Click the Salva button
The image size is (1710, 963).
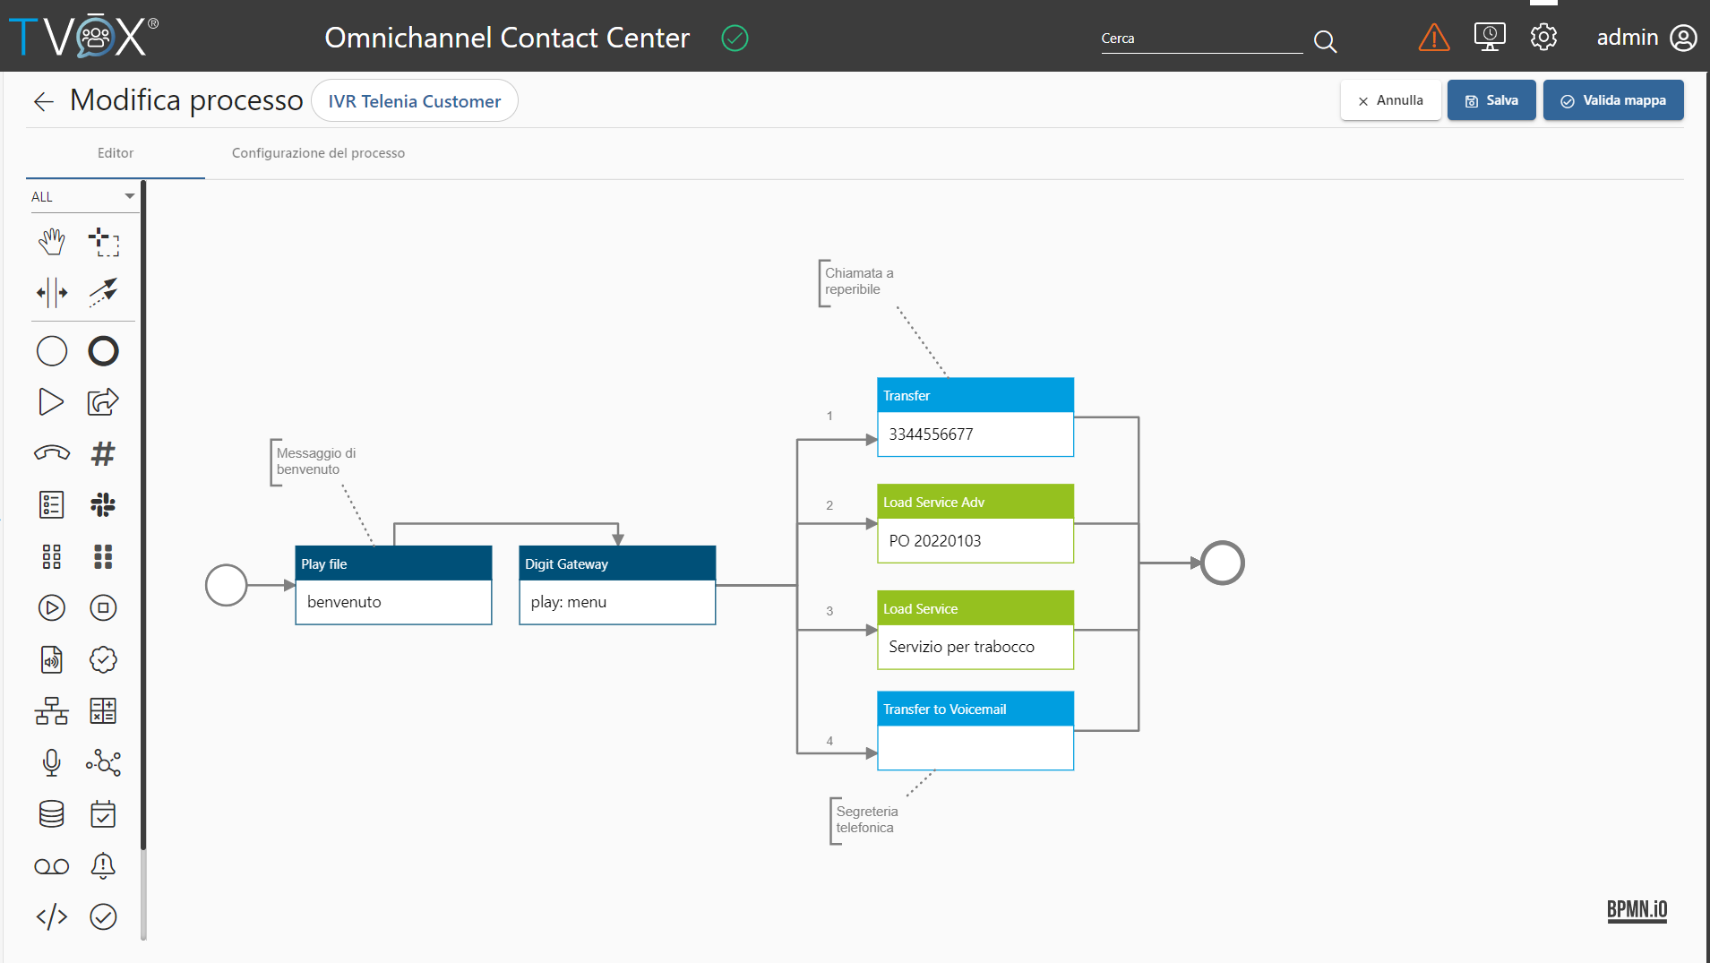pyautogui.click(x=1491, y=100)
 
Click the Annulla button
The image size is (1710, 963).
pyautogui.click(x=1390, y=100)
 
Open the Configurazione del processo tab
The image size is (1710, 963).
pyautogui.click(x=318, y=153)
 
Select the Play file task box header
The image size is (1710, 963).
pyautogui.click(x=393, y=563)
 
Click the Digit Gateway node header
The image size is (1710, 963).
pyautogui.click(x=617, y=563)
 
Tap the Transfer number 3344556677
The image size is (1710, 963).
pyautogui.click(x=931, y=434)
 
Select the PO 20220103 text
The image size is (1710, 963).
pyautogui.click(x=935, y=541)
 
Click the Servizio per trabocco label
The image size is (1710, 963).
pyautogui.click(x=961, y=647)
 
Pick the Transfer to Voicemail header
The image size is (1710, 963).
pyautogui.click(x=975, y=709)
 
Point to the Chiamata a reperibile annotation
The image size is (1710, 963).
pyautogui.click(x=859, y=281)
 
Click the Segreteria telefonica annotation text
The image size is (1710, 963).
pyautogui.click(x=867, y=820)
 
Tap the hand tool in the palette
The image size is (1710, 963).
pyautogui.click(x=52, y=242)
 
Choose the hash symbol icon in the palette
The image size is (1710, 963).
pyautogui.click(x=103, y=453)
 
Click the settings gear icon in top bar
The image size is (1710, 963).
pyautogui.click(x=1543, y=37)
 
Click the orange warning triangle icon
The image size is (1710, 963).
pyautogui.click(x=1434, y=38)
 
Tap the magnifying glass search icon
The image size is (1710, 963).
pyautogui.click(x=1325, y=41)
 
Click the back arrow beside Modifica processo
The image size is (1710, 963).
pyautogui.click(x=43, y=101)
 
